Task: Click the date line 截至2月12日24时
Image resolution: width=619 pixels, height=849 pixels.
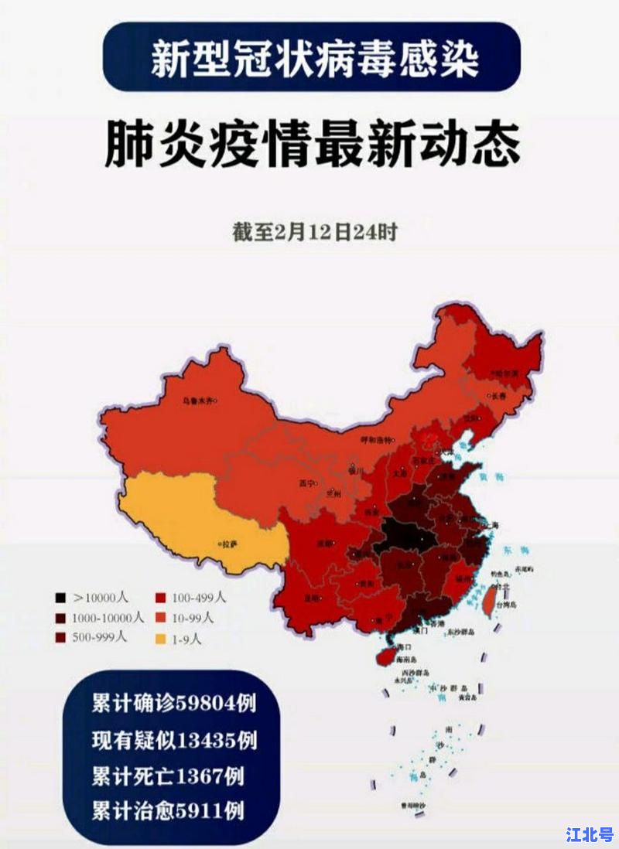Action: point(315,232)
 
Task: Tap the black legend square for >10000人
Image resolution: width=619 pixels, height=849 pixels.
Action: point(60,598)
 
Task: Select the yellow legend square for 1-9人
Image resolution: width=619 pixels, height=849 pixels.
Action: point(160,639)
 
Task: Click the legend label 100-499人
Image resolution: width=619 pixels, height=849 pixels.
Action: point(200,598)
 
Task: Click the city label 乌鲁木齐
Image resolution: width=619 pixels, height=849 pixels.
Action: point(199,401)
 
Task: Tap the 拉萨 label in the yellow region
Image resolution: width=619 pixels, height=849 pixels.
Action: point(229,544)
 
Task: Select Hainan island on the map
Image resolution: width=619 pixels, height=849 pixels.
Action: point(389,654)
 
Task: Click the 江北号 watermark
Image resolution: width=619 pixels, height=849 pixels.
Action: point(589,834)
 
